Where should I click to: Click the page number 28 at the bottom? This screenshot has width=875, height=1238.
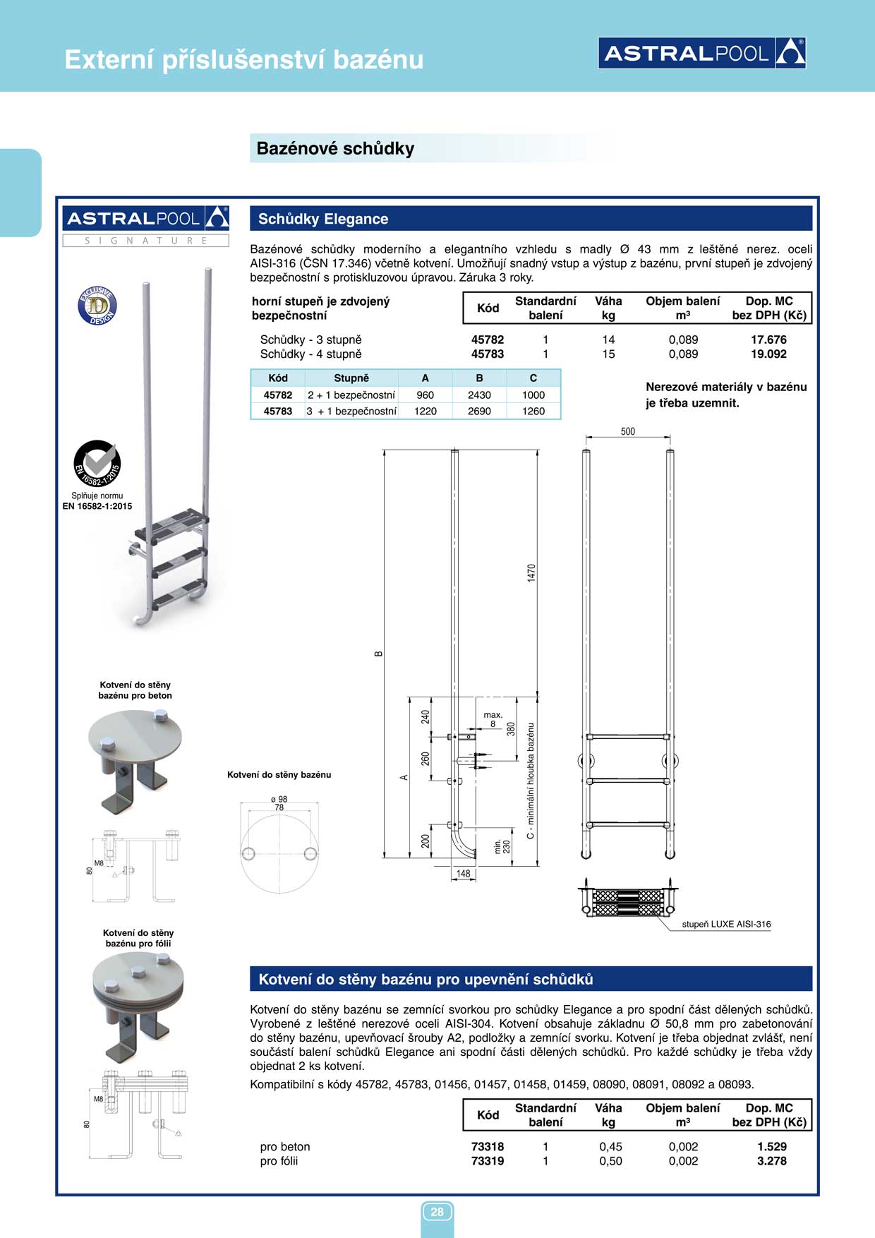(x=437, y=1212)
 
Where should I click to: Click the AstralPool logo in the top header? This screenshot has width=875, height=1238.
(x=701, y=53)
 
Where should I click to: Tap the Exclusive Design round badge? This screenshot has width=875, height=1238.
(x=97, y=306)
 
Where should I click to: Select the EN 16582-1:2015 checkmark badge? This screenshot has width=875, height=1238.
(x=97, y=463)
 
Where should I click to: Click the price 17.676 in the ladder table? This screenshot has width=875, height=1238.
(x=768, y=339)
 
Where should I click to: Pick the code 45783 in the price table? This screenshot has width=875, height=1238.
(x=488, y=354)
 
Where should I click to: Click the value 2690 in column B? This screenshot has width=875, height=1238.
(x=479, y=411)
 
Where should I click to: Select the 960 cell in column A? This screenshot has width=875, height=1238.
(x=425, y=395)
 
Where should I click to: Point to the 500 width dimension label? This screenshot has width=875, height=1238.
(x=627, y=431)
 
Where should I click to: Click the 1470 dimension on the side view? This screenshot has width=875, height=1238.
(x=531, y=572)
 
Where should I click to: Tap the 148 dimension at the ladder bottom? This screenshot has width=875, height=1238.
(x=463, y=874)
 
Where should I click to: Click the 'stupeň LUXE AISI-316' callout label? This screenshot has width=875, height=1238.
(x=726, y=924)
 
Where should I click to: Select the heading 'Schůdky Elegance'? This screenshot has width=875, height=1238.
(x=323, y=219)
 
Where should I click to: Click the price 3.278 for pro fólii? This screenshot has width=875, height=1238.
(x=771, y=1161)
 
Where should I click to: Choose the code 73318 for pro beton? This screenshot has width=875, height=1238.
(x=488, y=1147)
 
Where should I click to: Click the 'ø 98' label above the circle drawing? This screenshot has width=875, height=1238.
(x=279, y=799)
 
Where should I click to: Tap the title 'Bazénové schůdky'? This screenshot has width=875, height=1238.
(x=335, y=148)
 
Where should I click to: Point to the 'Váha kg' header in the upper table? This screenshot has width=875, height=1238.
(x=608, y=308)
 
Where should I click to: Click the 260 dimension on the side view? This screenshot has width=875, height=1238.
(x=426, y=759)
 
